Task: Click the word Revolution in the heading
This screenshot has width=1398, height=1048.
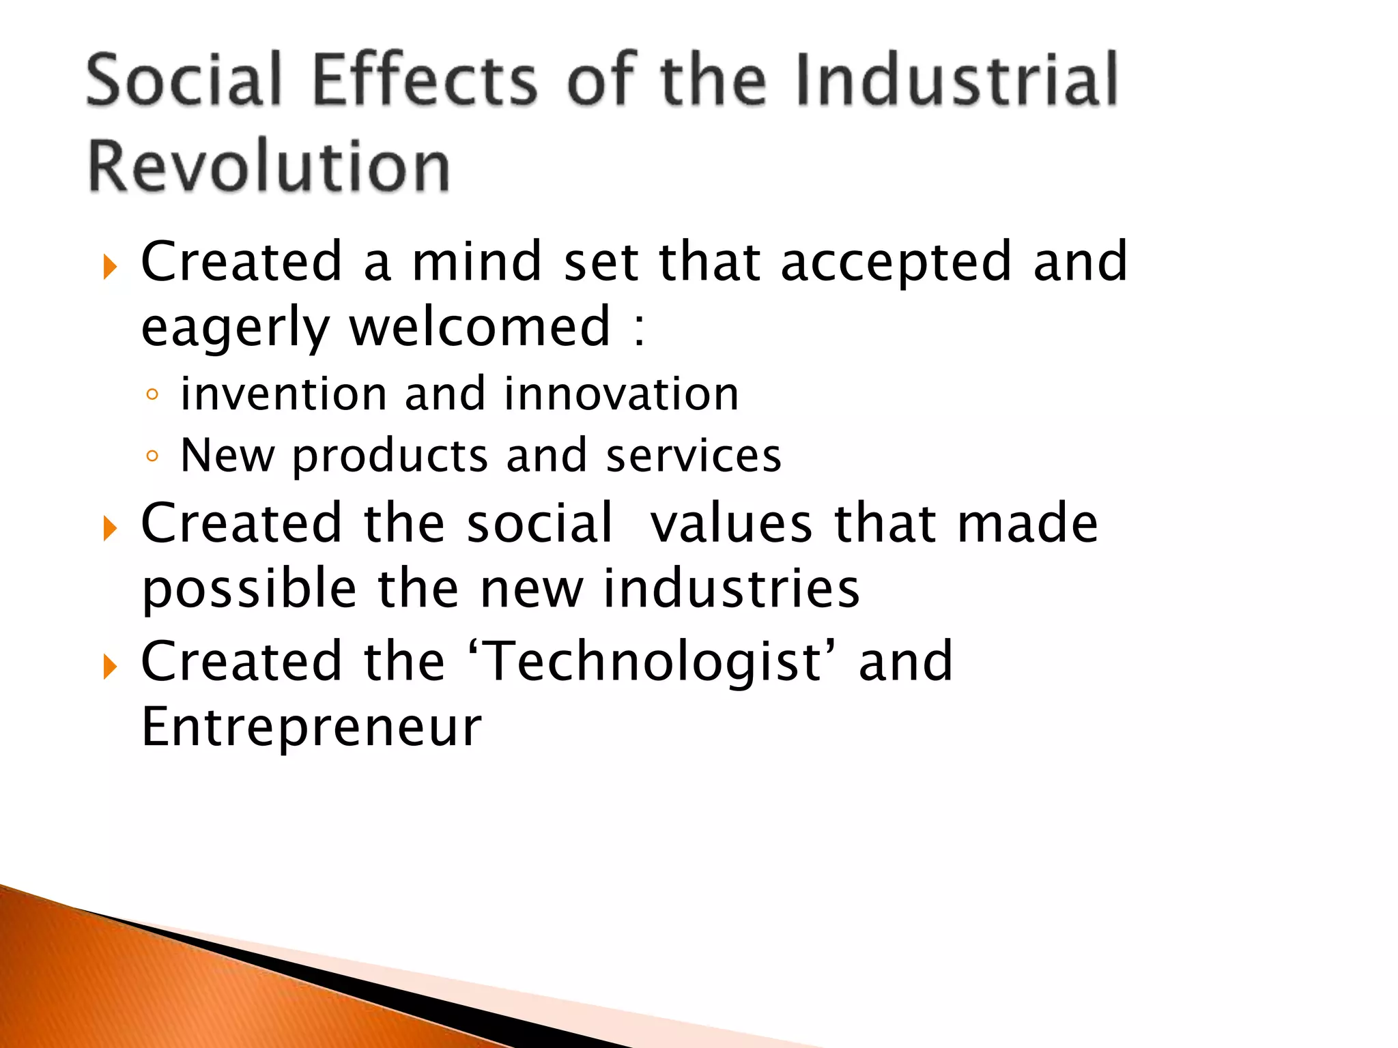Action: (269, 166)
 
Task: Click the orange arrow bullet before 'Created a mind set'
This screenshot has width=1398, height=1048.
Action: (110, 267)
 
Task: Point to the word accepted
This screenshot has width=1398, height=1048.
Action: (896, 263)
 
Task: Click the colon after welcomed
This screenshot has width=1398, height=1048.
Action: (638, 330)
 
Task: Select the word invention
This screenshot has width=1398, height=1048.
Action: (283, 394)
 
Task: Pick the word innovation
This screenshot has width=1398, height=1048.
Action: (621, 394)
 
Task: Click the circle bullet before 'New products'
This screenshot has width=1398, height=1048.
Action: (152, 456)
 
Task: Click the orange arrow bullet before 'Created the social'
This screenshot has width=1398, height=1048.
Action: (110, 528)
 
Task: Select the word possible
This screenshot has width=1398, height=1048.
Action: (249, 589)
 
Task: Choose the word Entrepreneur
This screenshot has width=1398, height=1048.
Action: (311, 727)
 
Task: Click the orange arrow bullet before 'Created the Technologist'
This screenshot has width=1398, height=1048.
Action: (110, 667)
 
